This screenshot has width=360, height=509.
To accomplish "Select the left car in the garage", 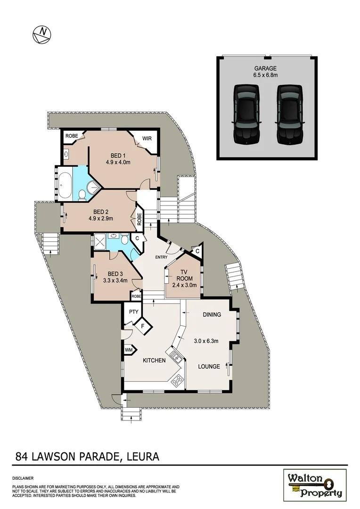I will [x=246, y=115].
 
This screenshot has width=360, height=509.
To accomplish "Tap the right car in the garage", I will [x=289, y=115].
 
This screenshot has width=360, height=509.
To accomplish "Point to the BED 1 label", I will [x=118, y=156].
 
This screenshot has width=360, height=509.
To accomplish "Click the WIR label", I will [x=147, y=139].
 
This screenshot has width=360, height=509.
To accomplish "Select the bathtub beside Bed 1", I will [x=65, y=185].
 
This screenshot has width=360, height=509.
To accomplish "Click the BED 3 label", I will [x=115, y=274].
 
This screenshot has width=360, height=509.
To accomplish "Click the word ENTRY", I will [x=162, y=257].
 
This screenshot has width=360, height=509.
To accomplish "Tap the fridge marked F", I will [x=142, y=325].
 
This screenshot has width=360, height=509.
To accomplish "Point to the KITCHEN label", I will [x=154, y=361].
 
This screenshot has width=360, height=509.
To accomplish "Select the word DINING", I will [x=212, y=314].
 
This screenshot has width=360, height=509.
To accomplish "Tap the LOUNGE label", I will [x=209, y=366].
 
